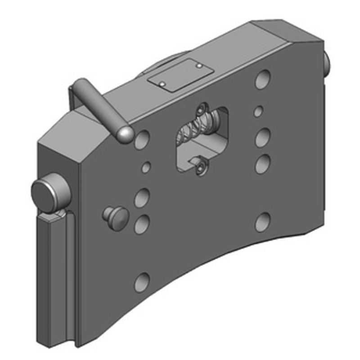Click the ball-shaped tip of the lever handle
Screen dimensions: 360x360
click(125, 135)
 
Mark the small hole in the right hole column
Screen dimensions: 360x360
click(258, 111)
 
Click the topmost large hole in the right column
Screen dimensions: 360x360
click(261, 80)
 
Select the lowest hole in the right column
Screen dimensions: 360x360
click(262, 222)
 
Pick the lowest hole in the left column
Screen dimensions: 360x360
click(142, 281)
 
